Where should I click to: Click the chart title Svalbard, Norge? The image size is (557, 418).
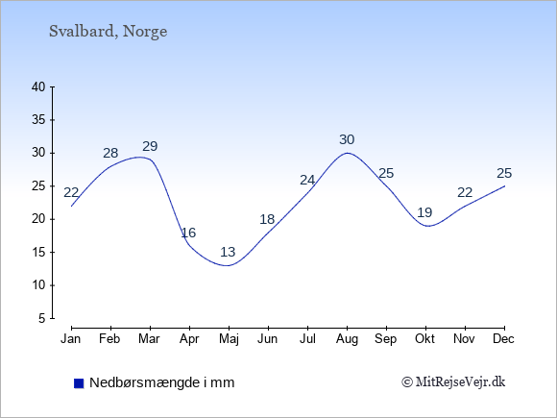click(108, 32)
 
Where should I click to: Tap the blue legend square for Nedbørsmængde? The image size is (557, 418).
click(79, 383)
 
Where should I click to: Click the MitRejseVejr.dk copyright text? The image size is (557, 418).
click(453, 382)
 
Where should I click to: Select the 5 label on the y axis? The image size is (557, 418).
click(42, 318)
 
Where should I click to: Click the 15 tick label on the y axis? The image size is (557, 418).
click(38, 253)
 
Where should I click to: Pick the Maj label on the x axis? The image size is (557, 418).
click(229, 339)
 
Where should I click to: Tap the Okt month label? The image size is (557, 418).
click(424, 339)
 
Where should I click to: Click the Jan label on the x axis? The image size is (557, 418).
click(71, 339)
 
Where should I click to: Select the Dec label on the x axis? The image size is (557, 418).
click(504, 339)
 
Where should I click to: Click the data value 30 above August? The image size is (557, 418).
click(347, 139)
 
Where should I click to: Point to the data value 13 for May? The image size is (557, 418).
click(228, 252)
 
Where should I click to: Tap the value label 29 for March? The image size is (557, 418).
click(150, 146)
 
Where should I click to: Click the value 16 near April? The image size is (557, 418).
click(188, 233)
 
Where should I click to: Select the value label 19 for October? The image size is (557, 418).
click(424, 212)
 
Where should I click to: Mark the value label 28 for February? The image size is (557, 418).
click(110, 153)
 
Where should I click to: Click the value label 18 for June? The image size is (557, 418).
click(267, 219)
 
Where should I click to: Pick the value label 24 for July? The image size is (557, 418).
click(307, 181)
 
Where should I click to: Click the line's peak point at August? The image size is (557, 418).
click(347, 153)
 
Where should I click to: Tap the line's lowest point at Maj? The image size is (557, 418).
click(228, 265)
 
